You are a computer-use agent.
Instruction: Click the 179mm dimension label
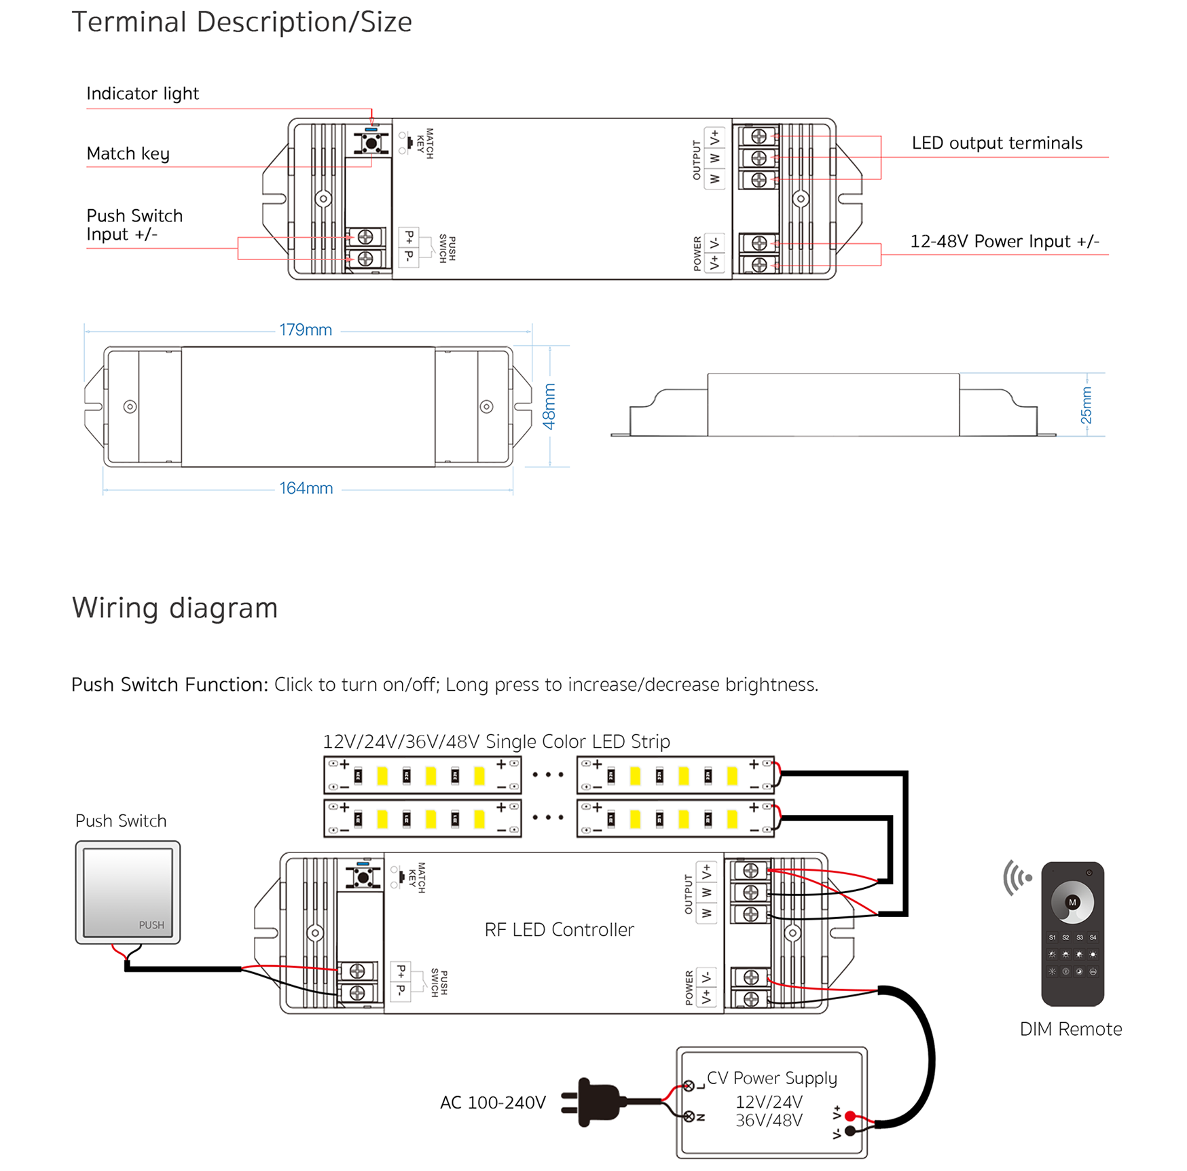click(x=305, y=330)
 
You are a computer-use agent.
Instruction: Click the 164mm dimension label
click(x=306, y=488)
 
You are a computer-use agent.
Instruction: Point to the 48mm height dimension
click(x=549, y=406)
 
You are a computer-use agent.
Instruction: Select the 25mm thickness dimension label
click(x=1086, y=405)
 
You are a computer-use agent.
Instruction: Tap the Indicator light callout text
click(x=143, y=94)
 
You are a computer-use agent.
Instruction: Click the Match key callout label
click(x=128, y=154)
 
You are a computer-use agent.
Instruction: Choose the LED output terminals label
click(x=996, y=143)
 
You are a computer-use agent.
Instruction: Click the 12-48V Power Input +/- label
click(x=1004, y=242)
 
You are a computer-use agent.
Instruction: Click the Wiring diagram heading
click(x=175, y=608)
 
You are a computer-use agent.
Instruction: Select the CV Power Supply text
click(x=771, y=1078)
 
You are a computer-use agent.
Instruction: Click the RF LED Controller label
click(x=559, y=930)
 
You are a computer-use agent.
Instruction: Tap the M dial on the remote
click(x=1072, y=903)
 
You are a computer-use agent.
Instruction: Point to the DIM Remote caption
click(x=1070, y=1029)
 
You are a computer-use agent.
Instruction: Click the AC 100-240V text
click(x=492, y=1102)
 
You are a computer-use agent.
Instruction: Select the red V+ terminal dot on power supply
click(x=850, y=1116)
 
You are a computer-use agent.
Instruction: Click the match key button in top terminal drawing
click(x=371, y=143)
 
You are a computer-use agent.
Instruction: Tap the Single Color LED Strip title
click(x=496, y=741)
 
